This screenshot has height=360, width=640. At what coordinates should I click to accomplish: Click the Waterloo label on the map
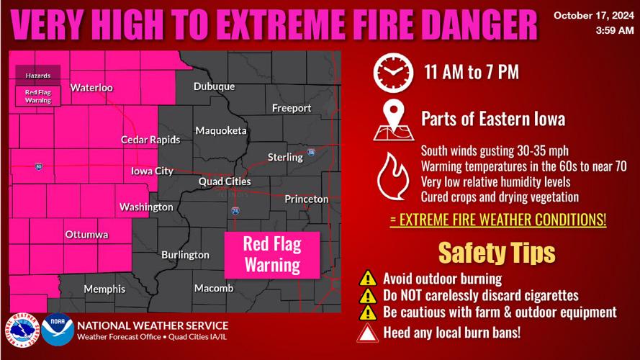click(x=91, y=88)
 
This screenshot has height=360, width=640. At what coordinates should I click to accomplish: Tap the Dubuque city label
click(x=214, y=86)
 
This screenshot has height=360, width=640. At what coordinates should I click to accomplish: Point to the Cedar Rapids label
click(x=150, y=140)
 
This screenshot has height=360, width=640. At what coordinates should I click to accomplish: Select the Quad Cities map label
click(x=225, y=182)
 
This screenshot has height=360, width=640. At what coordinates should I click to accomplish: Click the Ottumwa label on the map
click(x=86, y=235)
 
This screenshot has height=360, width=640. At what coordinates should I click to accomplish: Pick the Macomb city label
click(x=214, y=288)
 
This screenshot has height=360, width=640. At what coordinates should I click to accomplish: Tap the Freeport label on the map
click(x=292, y=108)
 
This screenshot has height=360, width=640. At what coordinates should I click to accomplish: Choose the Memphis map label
click(x=104, y=289)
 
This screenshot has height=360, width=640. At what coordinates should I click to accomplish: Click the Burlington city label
click(x=185, y=255)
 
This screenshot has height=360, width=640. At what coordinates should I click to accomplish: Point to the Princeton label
click(x=306, y=199)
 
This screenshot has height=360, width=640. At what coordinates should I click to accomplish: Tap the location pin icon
click(x=393, y=120)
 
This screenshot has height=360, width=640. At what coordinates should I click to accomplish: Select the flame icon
click(x=393, y=174)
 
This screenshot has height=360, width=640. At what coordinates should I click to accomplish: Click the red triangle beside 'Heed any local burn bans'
click(x=368, y=332)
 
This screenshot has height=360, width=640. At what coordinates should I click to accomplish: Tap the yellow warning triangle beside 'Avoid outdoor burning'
click(x=368, y=278)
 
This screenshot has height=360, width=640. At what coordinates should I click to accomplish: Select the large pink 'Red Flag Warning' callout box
click(x=271, y=255)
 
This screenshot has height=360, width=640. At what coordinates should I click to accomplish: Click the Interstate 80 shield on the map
click(x=38, y=167)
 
